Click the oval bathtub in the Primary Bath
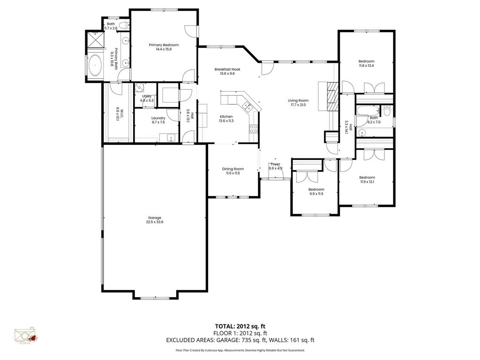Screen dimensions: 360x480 click(x=96, y=66)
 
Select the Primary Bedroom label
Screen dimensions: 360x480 click(x=164, y=45)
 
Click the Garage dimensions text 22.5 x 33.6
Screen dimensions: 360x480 click(x=155, y=223)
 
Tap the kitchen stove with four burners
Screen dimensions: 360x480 click(x=254, y=128)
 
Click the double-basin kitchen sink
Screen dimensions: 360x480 click(x=248, y=106)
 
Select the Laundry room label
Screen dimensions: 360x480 click(x=158, y=118)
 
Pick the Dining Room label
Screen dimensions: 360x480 click(x=233, y=169)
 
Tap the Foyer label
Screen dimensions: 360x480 click(x=275, y=164)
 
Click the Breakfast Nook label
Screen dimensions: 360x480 click(x=224, y=69)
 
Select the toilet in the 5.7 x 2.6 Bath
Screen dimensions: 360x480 click(x=122, y=25)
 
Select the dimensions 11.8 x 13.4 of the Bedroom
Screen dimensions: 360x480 click(x=366, y=66)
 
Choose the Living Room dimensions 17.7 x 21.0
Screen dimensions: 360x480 click(x=298, y=105)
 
